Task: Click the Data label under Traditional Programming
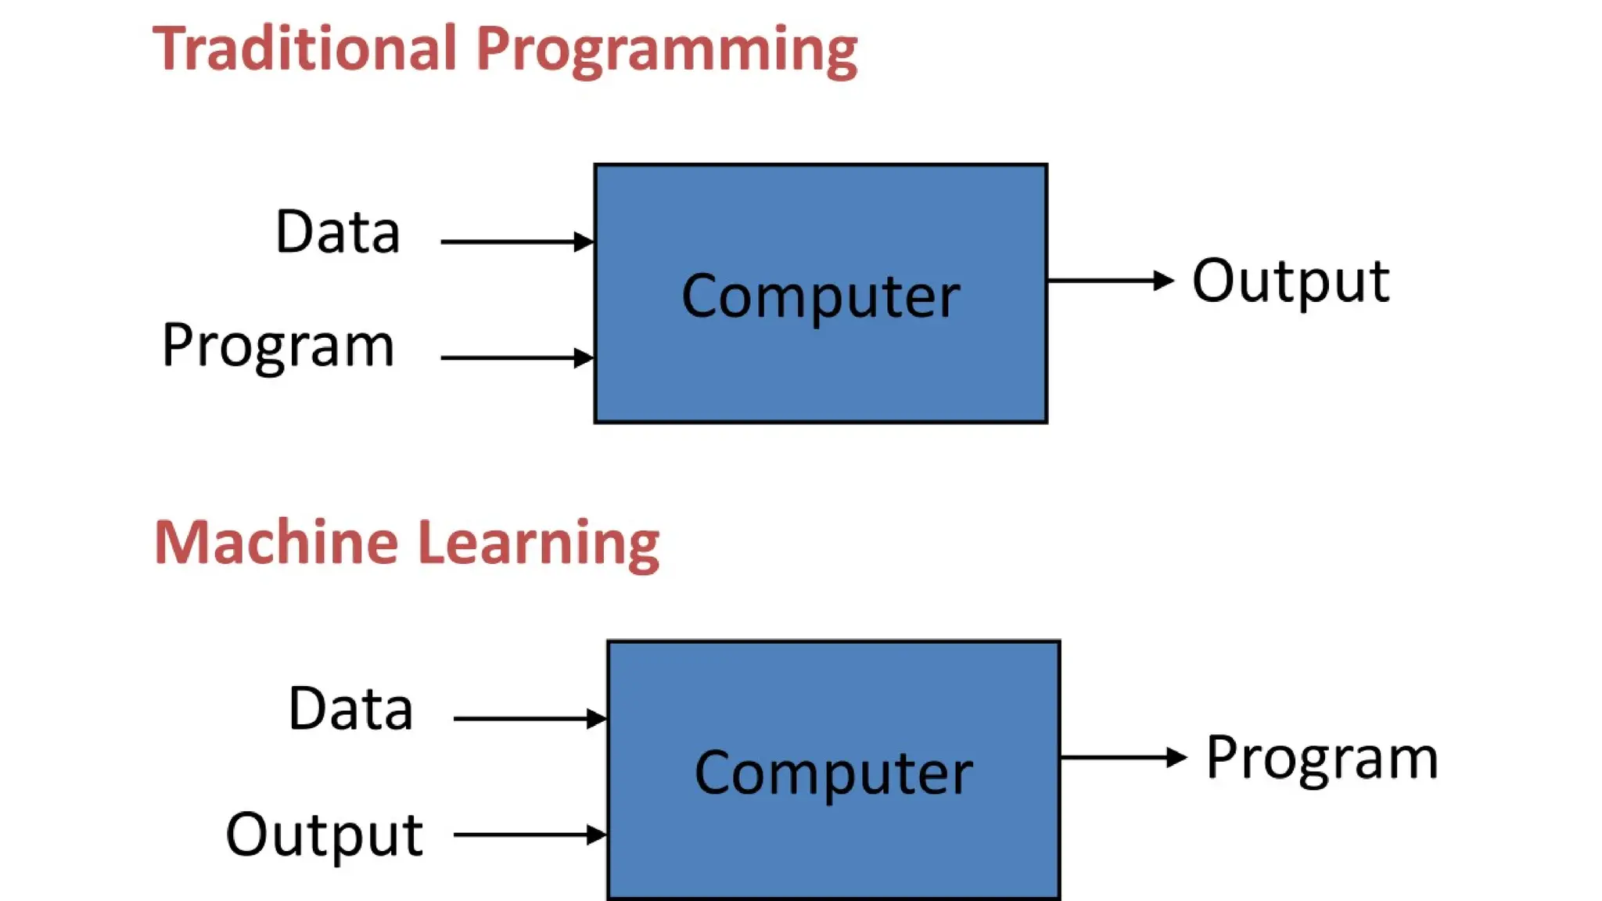[338, 232]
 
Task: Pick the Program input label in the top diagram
[278, 346]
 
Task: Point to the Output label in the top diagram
[1291, 282]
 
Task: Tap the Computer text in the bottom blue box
[834, 774]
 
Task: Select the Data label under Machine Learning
[350, 709]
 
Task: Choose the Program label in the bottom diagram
[1322, 759]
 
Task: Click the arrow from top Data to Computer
[516, 242]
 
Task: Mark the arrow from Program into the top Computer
[516, 357]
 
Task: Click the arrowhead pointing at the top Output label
[1164, 280]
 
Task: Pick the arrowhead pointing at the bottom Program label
[1176, 757]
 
